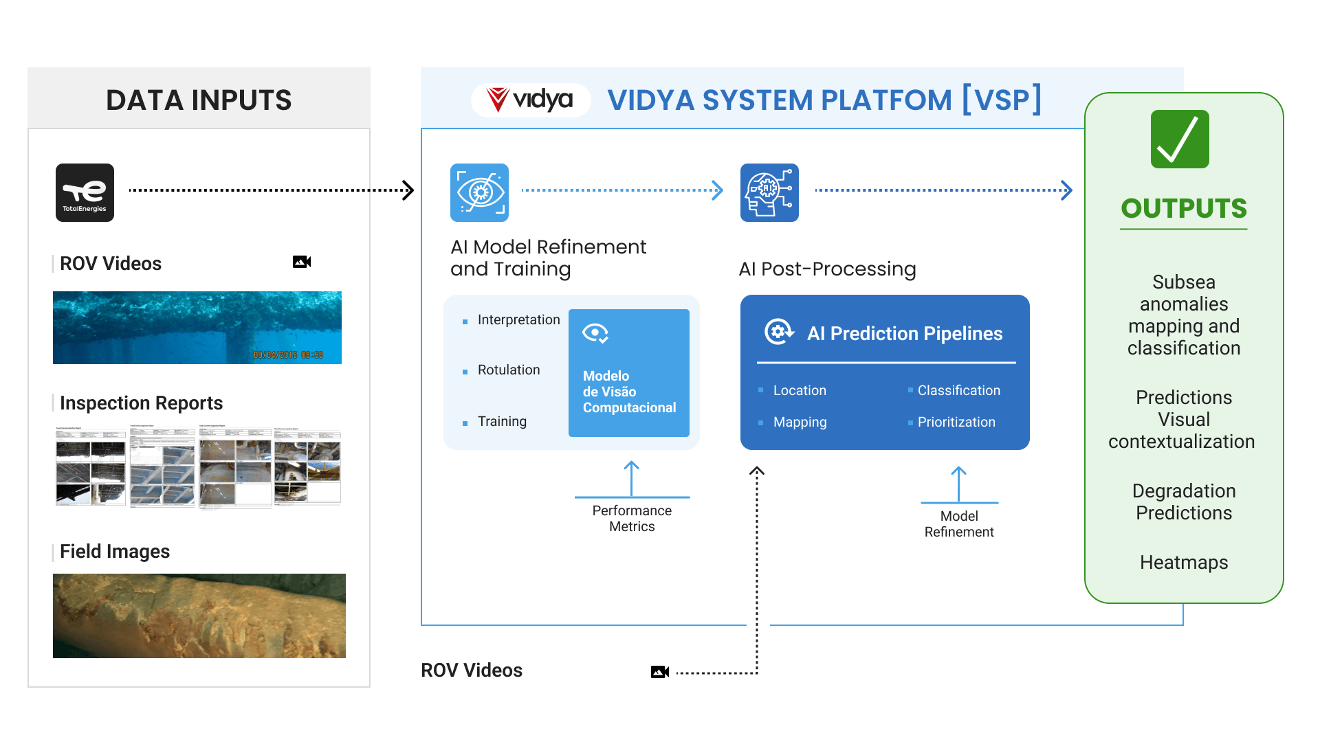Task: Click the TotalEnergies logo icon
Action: (85, 192)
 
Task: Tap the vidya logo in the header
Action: (530, 100)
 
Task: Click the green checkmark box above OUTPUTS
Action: (1180, 139)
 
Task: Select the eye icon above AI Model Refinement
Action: (479, 192)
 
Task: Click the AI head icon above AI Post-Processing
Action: (769, 192)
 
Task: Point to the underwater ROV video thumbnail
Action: (197, 328)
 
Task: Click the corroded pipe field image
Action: (199, 616)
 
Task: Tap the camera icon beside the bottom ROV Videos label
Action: (660, 672)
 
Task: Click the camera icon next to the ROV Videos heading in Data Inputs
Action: (302, 262)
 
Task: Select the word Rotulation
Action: (509, 370)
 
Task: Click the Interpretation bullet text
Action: (518, 319)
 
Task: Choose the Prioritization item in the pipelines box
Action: (956, 422)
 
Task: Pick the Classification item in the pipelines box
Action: (958, 390)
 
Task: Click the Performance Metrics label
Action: (632, 519)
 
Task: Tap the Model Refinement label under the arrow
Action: (959, 524)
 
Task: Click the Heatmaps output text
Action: (1184, 562)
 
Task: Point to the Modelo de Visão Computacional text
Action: (629, 392)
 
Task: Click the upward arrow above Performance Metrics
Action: (632, 477)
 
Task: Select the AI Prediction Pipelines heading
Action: (904, 333)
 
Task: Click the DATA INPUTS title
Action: (199, 100)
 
